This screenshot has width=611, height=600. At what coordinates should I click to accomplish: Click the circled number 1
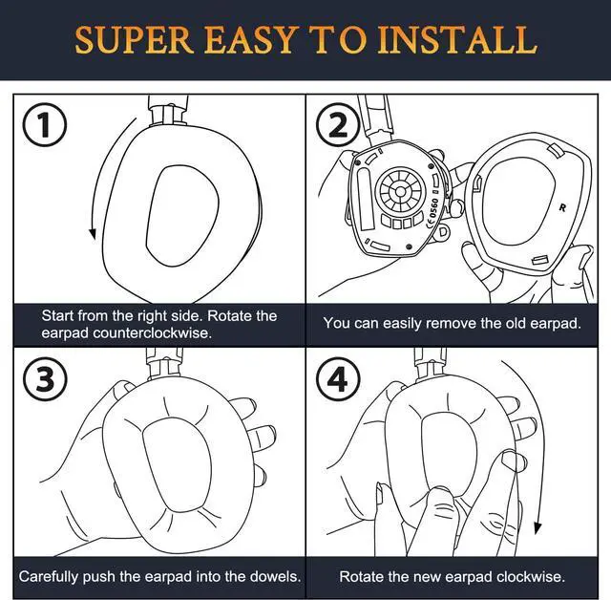pyautogui.click(x=45, y=125)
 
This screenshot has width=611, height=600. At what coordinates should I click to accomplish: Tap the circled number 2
pyautogui.click(x=337, y=125)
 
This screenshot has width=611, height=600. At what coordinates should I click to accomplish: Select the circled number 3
pyautogui.click(x=45, y=378)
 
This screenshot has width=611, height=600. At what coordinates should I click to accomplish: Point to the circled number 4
pyautogui.click(x=337, y=379)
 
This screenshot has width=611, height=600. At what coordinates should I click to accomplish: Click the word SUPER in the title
pyautogui.click(x=134, y=40)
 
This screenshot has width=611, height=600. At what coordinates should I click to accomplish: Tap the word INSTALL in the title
pyautogui.click(x=457, y=40)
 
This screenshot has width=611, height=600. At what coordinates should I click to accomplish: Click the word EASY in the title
pyautogui.click(x=249, y=40)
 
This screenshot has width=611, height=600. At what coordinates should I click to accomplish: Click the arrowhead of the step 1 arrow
pyautogui.click(x=93, y=233)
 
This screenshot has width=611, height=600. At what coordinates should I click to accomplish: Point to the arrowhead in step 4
pyautogui.click(x=537, y=528)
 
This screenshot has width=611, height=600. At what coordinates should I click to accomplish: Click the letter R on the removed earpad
pyautogui.click(x=562, y=207)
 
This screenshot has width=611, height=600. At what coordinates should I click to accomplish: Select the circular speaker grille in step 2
pyautogui.click(x=400, y=191)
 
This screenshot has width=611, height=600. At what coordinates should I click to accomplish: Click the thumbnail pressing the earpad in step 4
pyautogui.click(x=510, y=460)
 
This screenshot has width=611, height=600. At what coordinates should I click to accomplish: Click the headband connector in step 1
pyautogui.click(x=168, y=110)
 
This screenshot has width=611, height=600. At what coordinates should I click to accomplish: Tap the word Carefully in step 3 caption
pyautogui.click(x=49, y=576)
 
